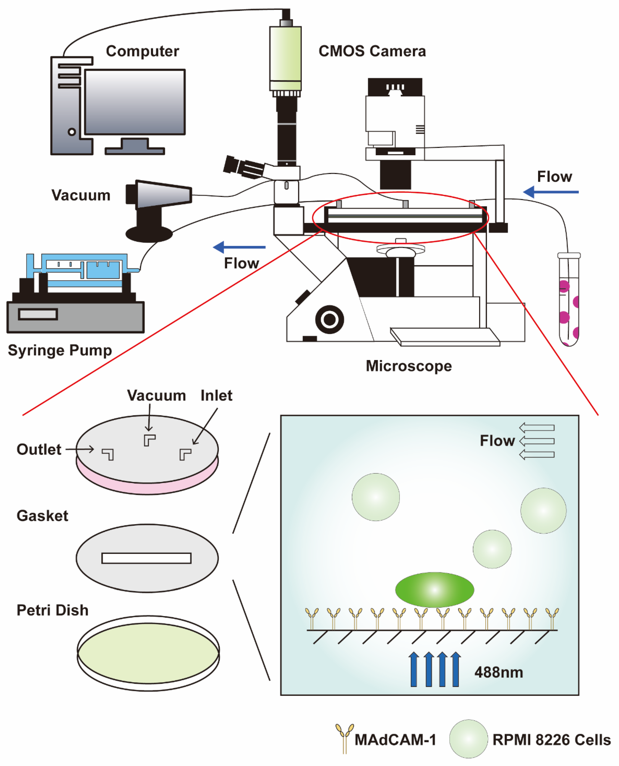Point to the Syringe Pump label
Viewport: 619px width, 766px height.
coord(60,350)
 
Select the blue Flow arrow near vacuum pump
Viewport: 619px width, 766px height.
coord(239,247)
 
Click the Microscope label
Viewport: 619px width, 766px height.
coord(409,366)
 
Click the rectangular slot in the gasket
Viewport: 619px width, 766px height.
coord(146,558)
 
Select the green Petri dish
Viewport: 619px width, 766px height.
coord(148,653)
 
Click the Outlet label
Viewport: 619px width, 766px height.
coord(39,449)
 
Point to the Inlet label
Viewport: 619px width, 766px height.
coord(216,396)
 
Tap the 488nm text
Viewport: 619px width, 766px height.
coord(498,672)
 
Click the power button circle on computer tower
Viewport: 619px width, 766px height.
coord(72,132)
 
